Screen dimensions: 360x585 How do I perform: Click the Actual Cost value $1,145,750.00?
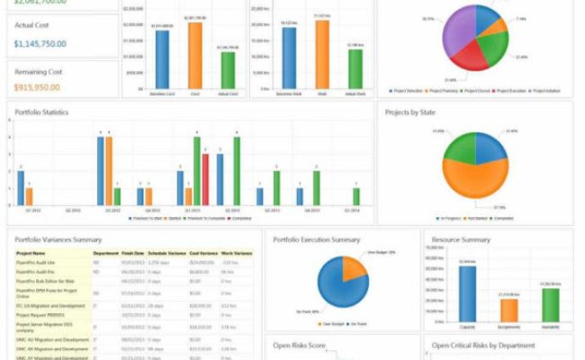pyautogui.click(x=40, y=43)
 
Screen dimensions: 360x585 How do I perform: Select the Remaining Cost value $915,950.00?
pyautogui.click(x=37, y=87)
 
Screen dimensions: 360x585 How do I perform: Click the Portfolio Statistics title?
pyautogui.click(x=42, y=112)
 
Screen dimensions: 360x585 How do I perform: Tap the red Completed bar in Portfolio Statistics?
pyautogui.click(x=205, y=181)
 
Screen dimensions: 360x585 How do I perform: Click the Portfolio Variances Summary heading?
pyautogui.click(x=58, y=239)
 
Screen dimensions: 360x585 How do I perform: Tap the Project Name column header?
pyautogui.click(x=31, y=254)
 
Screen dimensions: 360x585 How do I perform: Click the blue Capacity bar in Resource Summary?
pyautogui.click(x=467, y=292)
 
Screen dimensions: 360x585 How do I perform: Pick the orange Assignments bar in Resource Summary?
pyautogui.click(x=508, y=310)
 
